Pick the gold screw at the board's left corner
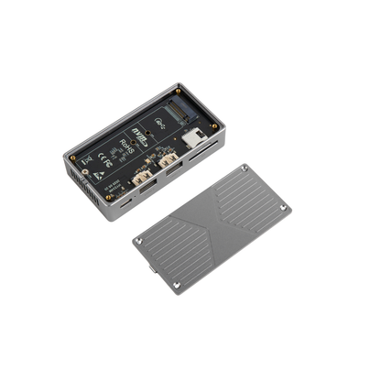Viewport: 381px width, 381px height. (74, 157)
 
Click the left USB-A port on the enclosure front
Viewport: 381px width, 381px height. (144, 180)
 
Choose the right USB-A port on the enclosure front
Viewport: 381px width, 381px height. (170, 164)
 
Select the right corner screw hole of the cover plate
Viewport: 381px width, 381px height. (283, 210)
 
